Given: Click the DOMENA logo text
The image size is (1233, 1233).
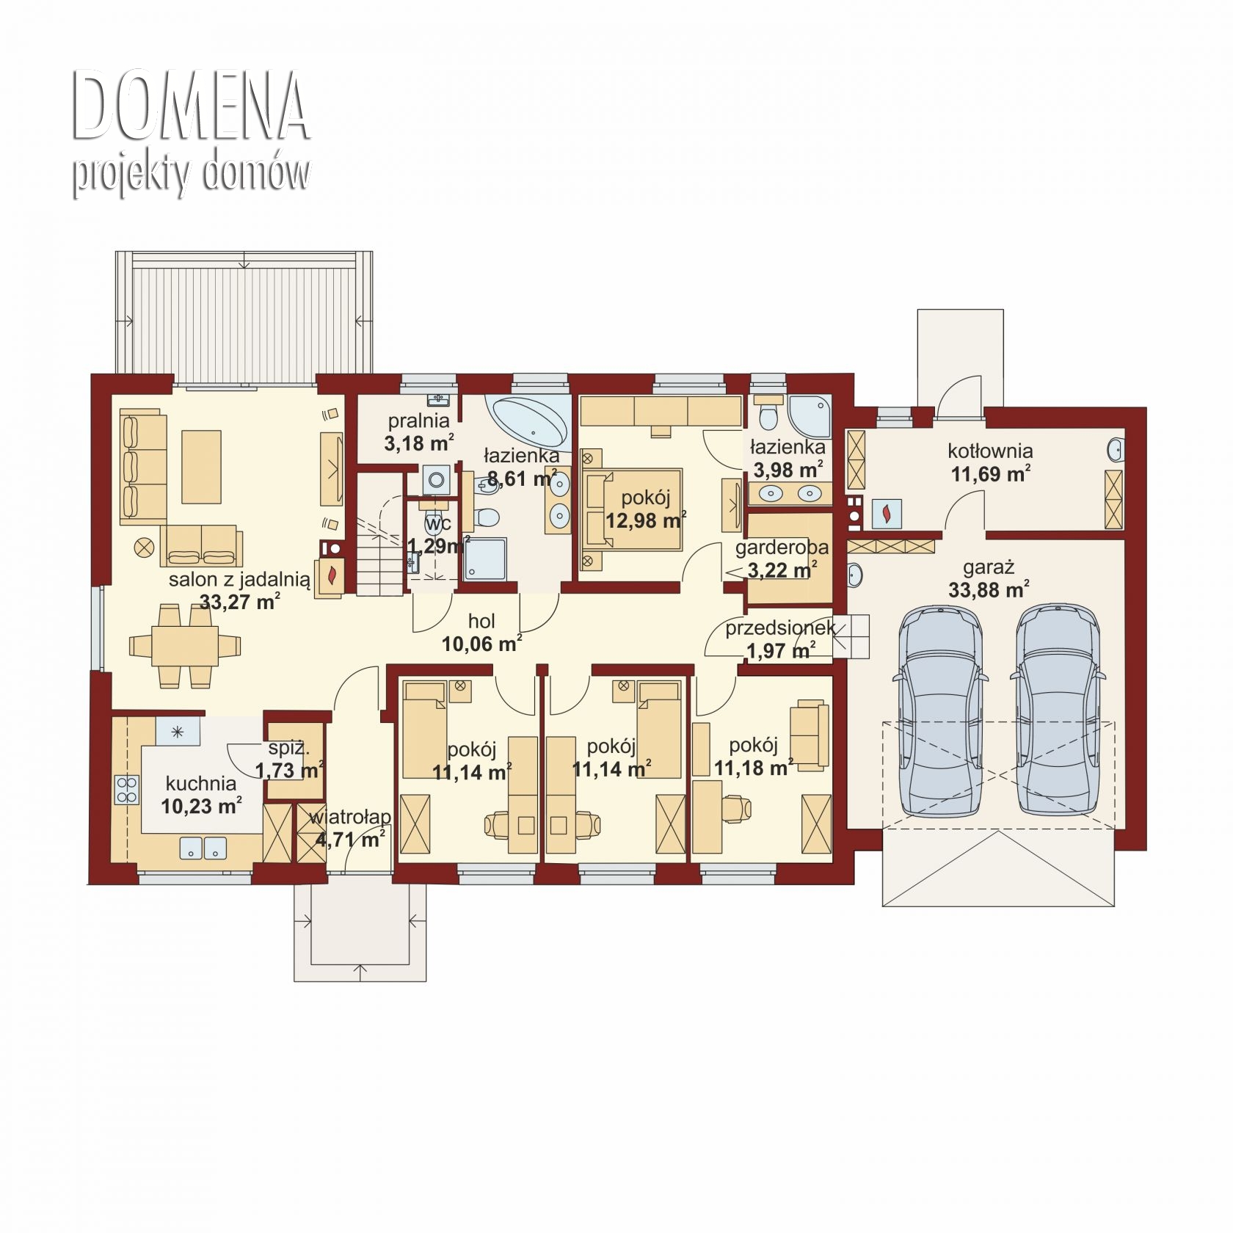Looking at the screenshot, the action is (192, 106).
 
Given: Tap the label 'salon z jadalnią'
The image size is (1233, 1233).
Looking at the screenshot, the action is (239, 579).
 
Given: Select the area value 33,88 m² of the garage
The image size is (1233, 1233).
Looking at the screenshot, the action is (989, 589).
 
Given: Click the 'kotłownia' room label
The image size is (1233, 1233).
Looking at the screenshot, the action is (990, 451).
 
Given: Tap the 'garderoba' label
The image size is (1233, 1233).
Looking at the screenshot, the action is (782, 548).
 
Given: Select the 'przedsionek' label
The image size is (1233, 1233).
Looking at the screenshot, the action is (780, 628).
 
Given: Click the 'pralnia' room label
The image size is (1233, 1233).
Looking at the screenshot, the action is (418, 421).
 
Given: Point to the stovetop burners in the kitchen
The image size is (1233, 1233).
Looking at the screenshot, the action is (126, 790).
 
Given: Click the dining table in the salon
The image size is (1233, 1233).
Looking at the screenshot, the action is (184, 645).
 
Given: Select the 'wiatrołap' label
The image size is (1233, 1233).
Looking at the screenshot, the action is (350, 818).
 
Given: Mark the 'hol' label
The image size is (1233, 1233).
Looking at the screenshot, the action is (481, 622).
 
